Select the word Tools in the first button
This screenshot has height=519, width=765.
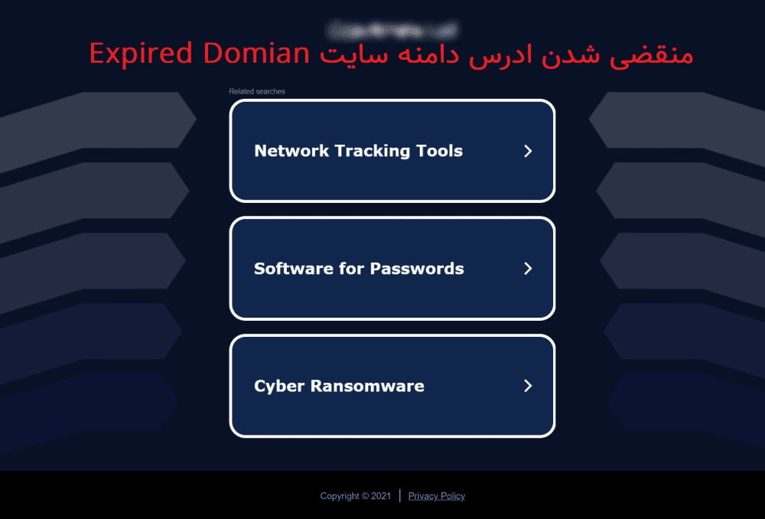pos(439,151)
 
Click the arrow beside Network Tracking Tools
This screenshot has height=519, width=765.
pos(527,151)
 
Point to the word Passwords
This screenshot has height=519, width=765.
pos(417,269)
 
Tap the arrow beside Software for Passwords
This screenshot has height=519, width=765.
pos(527,269)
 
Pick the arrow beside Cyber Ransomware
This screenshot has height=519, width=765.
pos(527,386)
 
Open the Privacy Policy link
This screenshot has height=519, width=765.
pos(436,496)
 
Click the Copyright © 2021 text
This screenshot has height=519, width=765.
pos(355,496)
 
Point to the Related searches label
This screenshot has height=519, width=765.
pos(257,92)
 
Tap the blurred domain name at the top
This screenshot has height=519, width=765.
pos(391,30)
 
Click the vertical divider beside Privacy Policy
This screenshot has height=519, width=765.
pos(400,495)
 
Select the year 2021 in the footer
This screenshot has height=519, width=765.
pos(381,496)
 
